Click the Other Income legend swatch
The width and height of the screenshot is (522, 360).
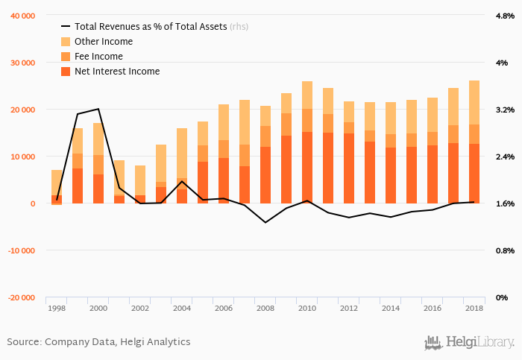66,42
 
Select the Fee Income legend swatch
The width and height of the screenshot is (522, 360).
66,57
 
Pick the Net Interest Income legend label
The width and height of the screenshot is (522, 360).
117,72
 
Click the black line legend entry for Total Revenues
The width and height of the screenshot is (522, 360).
66,26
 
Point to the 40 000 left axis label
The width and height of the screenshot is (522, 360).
22,16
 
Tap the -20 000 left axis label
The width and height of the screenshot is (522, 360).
21,297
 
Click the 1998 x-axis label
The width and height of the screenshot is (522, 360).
57,308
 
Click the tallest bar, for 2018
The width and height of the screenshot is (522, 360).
474,142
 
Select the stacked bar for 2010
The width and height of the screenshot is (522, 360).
307,142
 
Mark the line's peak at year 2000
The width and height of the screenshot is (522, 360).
98,109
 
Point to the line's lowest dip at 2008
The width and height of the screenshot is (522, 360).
265,222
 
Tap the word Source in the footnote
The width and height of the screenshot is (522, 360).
24,341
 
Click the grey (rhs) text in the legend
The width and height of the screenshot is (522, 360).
239,26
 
